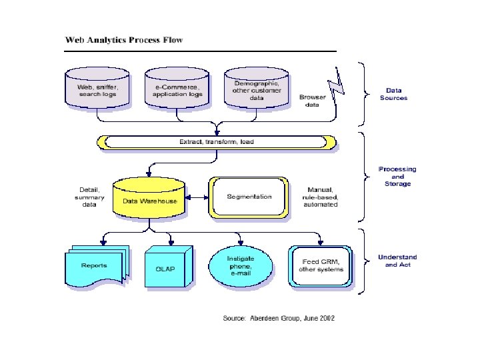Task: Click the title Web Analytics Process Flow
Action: [x=123, y=39]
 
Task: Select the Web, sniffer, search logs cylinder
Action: [x=98, y=89]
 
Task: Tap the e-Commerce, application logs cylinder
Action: [x=177, y=89]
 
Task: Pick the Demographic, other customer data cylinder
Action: [x=257, y=89]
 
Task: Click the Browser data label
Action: [x=313, y=101]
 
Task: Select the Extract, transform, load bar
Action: [x=217, y=142]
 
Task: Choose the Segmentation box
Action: [x=249, y=197]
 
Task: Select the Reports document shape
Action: [x=95, y=267]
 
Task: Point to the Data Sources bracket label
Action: [x=393, y=94]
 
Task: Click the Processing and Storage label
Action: [x=397, y=177]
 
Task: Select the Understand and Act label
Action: [x=397, y=261]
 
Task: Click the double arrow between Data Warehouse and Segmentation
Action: [x=197, y=197]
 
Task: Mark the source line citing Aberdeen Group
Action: [x=278, y=318]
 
